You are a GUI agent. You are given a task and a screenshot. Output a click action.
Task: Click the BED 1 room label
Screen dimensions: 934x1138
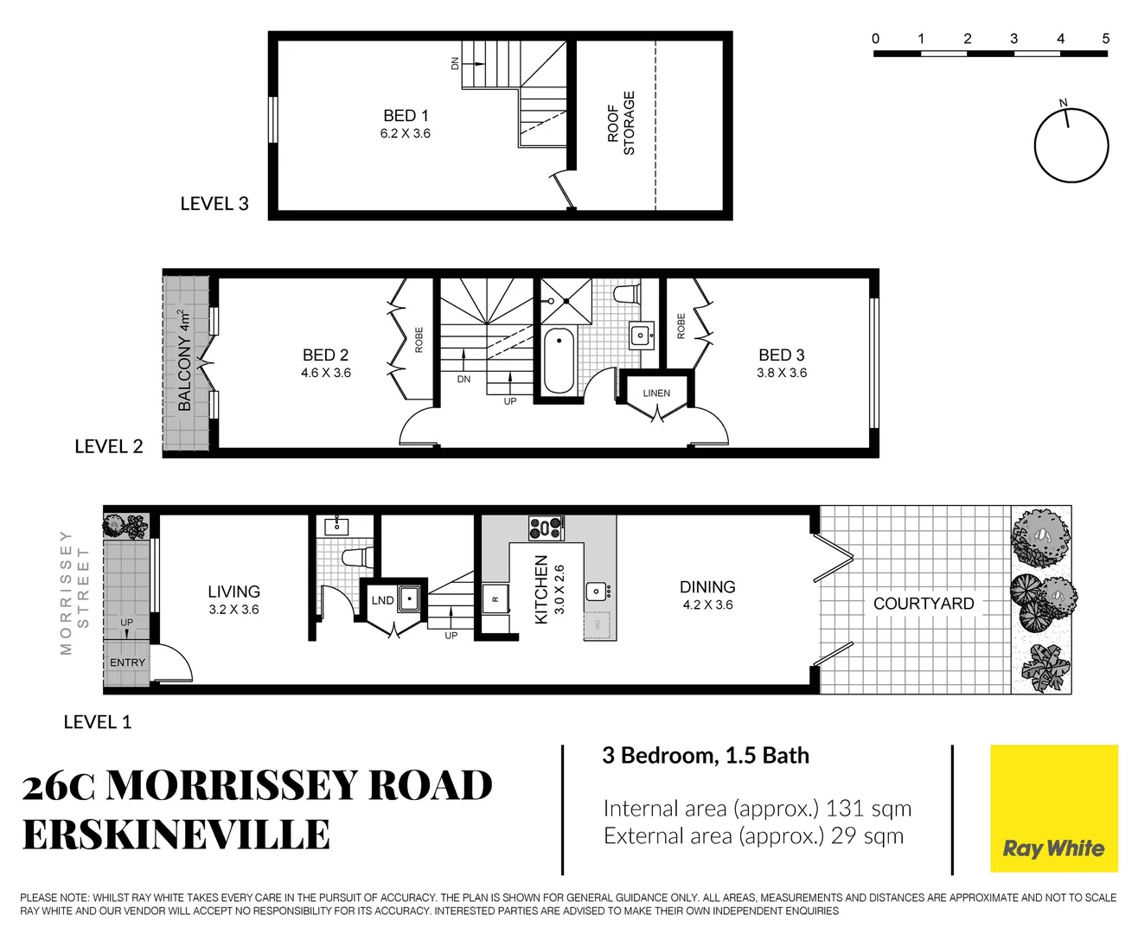[x=406, y=116]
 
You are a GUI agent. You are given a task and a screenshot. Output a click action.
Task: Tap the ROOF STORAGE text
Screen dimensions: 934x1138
[x=621, y=123]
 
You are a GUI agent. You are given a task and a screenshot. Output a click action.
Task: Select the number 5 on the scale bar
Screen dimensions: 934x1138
[x=1105, y=38]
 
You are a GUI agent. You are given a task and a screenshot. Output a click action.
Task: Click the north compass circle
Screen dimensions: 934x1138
[x=1071, y=145]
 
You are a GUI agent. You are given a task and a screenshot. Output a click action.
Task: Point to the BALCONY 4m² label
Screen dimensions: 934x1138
[x=185, y=361]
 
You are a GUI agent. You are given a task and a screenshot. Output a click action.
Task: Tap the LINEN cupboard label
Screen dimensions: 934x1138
[x=656, y=393]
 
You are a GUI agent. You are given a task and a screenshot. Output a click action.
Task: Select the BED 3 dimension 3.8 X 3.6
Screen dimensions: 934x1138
[x=782, y=373]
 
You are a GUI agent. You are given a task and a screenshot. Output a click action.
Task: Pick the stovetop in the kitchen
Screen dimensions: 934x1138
[x=547, y=528]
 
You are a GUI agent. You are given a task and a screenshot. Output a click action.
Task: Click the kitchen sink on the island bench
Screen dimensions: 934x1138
[x=597, y=592]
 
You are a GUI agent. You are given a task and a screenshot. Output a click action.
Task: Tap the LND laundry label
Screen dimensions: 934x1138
[x=382, y=600]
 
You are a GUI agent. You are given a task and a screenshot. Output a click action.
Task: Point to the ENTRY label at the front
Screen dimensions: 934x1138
[x=127, y=662]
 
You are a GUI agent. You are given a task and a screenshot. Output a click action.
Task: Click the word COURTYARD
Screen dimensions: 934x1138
[x=924, y=604]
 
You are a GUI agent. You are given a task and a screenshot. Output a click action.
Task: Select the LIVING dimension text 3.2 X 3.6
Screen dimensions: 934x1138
[x=233, y=610]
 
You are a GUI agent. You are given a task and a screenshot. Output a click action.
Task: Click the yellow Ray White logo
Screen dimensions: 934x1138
[x=1053, y=809]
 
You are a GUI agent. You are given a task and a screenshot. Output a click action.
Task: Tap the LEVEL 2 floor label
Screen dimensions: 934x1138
[x=109, y=446]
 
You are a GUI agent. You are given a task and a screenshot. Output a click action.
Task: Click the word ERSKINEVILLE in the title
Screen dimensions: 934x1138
[x=176, y=835]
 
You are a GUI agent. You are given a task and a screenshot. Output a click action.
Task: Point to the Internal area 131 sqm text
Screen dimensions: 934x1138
[x=758, y=809]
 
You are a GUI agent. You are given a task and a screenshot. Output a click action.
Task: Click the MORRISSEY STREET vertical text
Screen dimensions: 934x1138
[x=74, y=592]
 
